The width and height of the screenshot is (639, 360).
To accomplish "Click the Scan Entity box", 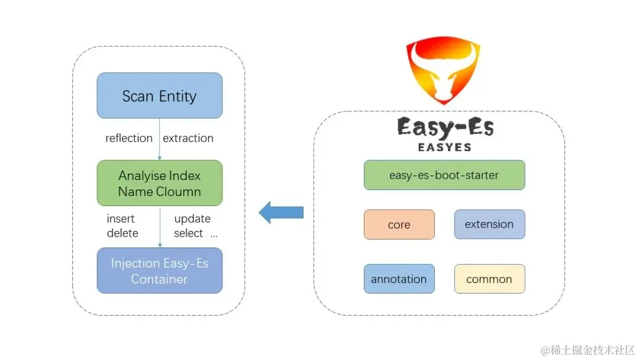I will point(160,95).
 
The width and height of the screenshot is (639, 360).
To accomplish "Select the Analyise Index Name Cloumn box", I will point(160,183).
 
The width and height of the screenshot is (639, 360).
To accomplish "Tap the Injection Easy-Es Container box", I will point(160,271).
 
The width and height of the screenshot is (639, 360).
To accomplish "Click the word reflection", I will point(129,138).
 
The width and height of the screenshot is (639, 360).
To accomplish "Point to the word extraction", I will point(188,138).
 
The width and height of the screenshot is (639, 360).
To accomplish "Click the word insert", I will point(121,218).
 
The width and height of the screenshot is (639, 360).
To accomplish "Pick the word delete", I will point(122,233).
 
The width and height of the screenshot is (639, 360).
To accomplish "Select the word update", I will point(192,218).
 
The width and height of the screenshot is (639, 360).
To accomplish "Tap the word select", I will point(189,233).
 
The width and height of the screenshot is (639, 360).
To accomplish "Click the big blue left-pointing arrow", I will point(281,212).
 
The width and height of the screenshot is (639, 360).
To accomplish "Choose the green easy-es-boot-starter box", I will point(444,175).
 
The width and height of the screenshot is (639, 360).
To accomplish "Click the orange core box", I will point(399,224).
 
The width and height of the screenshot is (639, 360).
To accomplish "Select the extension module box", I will point(489,224).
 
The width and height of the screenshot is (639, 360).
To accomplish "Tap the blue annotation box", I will point(399,279).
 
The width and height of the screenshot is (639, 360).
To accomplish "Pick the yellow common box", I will point(489,279).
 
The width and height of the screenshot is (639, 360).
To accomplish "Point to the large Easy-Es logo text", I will point(445,127).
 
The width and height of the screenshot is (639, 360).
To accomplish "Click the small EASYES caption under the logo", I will point(445,147).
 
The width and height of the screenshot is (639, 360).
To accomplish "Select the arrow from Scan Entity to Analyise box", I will point(160,139).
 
